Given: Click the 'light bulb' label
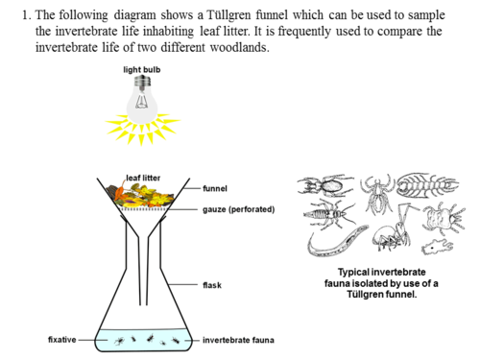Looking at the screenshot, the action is click(142, 69).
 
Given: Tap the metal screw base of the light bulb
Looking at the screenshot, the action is click(142, 82).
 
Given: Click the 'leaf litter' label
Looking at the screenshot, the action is click(143, 178).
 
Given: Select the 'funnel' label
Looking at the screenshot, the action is click(215, 188).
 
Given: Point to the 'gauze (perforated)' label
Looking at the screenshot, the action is click(238, 209).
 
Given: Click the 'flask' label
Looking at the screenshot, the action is click(212, 285).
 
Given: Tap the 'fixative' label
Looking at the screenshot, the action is click(62, 340).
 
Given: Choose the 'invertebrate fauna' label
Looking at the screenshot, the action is click(238, 340).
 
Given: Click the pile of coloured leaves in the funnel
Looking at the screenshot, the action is click(140, 196).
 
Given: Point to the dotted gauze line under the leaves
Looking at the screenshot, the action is click(143, 209).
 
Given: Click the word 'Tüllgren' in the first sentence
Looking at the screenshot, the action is click(228, 15).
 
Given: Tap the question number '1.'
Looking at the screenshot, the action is click(27, 15).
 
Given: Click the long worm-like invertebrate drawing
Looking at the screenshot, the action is click(337, 242).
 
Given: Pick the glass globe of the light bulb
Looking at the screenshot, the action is click(142, 106).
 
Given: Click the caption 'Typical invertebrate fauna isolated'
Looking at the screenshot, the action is click(381, 277).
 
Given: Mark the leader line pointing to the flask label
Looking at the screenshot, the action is click(183, 284).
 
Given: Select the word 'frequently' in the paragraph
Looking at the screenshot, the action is click(304, 32).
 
